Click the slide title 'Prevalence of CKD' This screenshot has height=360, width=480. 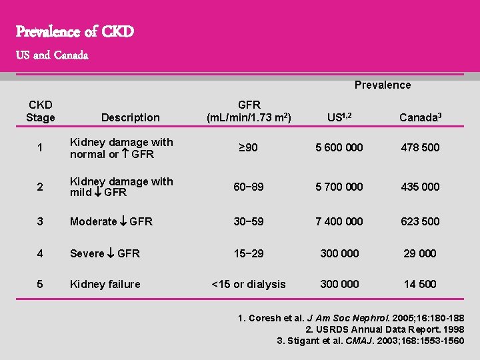(x=75, y=31)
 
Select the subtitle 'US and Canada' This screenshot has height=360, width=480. (x=52, y=55)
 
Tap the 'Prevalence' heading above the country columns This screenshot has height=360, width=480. (x=382, y=85)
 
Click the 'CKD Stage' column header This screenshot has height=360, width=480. (x=40, y=111)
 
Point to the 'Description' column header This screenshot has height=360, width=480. (x=130, y=117)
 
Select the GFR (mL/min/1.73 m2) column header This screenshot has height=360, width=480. (x=249, y=111)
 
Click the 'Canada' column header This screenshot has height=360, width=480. (x=420, y=117)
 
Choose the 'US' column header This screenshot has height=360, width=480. (x=339, y=117)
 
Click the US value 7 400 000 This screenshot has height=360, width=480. (x=339, y=221)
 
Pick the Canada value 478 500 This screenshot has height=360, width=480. (x=420, y=147)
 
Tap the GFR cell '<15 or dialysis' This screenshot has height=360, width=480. (x=249, y=284)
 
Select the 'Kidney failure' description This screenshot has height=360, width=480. (x=105, y=284)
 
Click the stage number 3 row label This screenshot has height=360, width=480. (x=40, y=221)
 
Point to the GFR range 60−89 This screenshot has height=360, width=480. (x=249, y=187)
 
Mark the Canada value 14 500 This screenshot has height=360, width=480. (x=420, y=284)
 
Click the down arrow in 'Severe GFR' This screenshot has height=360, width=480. (x=111, y=253)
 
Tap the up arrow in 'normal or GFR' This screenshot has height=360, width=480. (x=125, y=154)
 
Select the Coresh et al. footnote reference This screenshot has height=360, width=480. (x=351, y=318)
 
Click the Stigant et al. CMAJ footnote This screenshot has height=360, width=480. (x=371, y=341)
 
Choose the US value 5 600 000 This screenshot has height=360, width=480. (x=339, y=147)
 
